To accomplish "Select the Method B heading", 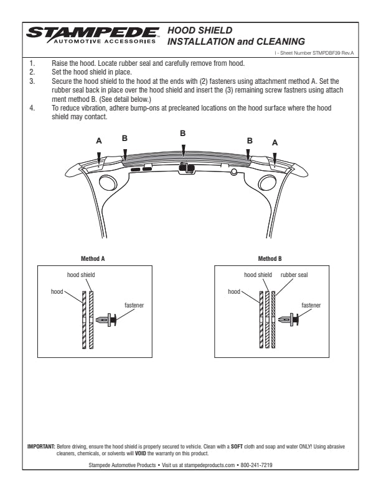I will (270, 257).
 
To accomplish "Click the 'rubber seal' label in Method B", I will (294, 274).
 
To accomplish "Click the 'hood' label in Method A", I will (58, 290).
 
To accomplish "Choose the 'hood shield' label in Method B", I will (258, 274).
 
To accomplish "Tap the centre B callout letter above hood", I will (182, 133).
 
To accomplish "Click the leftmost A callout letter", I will (98, 142).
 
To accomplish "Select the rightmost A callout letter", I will (275, 142).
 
